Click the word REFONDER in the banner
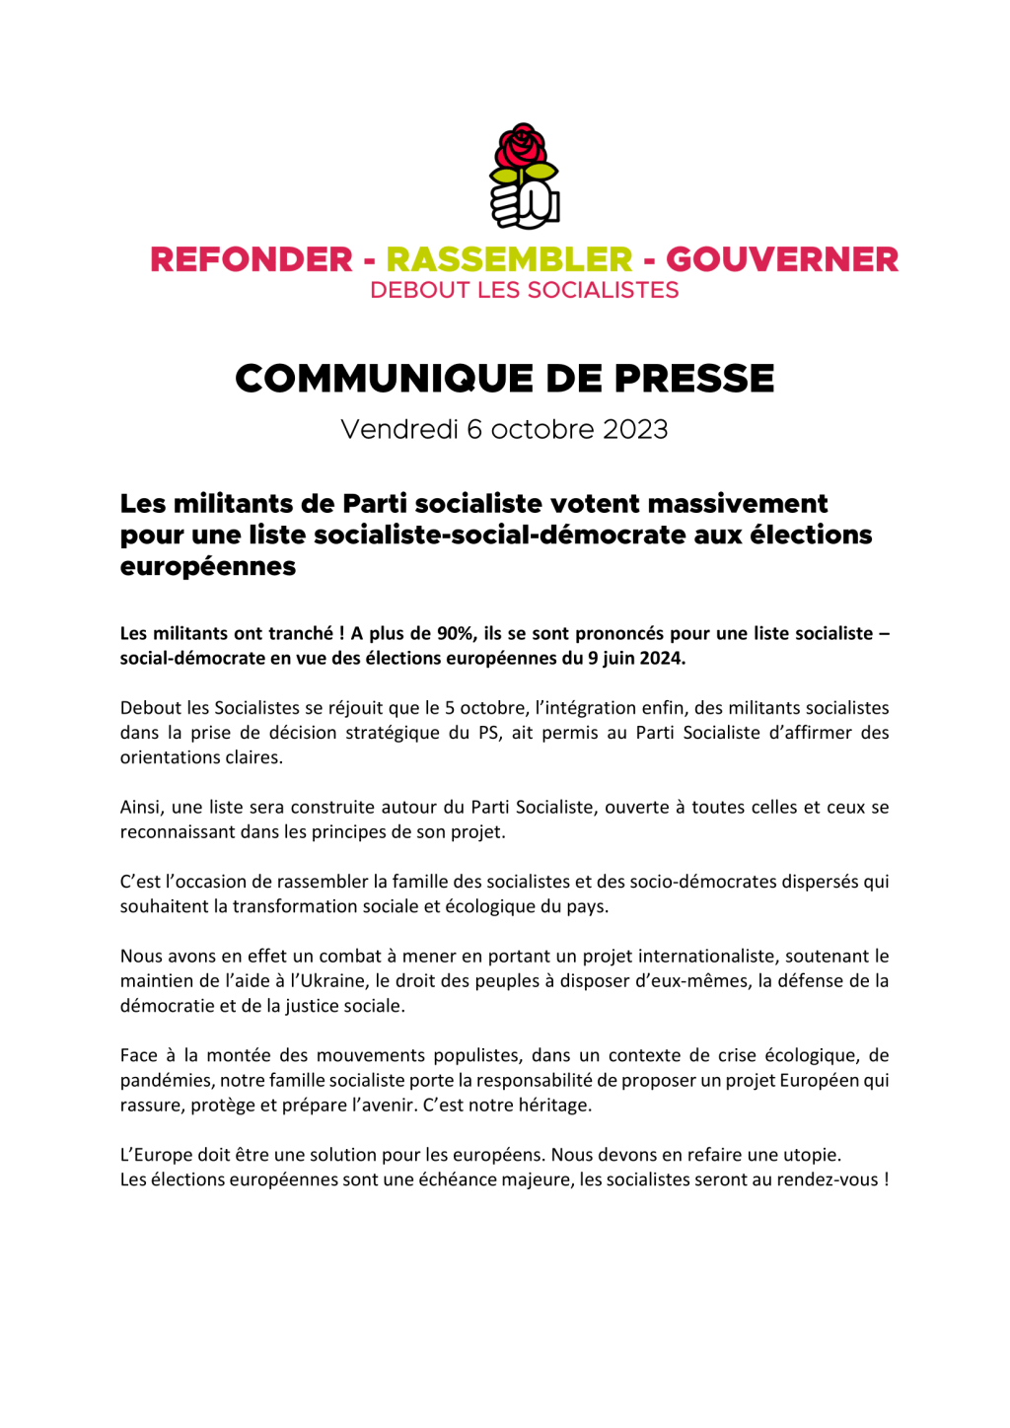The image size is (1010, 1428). click(x=251, y=259)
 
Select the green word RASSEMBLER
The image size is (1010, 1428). click(x=509, y=259)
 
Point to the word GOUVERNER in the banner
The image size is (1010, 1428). click(x=782, y=259)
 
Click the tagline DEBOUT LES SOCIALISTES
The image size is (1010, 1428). click(x=524, y=291)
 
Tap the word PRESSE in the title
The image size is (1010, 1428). click(x=694, y=379)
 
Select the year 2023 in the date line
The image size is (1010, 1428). click(x=635, y=430)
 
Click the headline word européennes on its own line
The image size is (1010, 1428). click(x=208, y=567)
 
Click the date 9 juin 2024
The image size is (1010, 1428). click(x=636, y=659)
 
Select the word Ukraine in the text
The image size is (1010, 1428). click(x=335, y=981)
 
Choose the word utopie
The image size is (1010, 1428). click(x=812, y=1155)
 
